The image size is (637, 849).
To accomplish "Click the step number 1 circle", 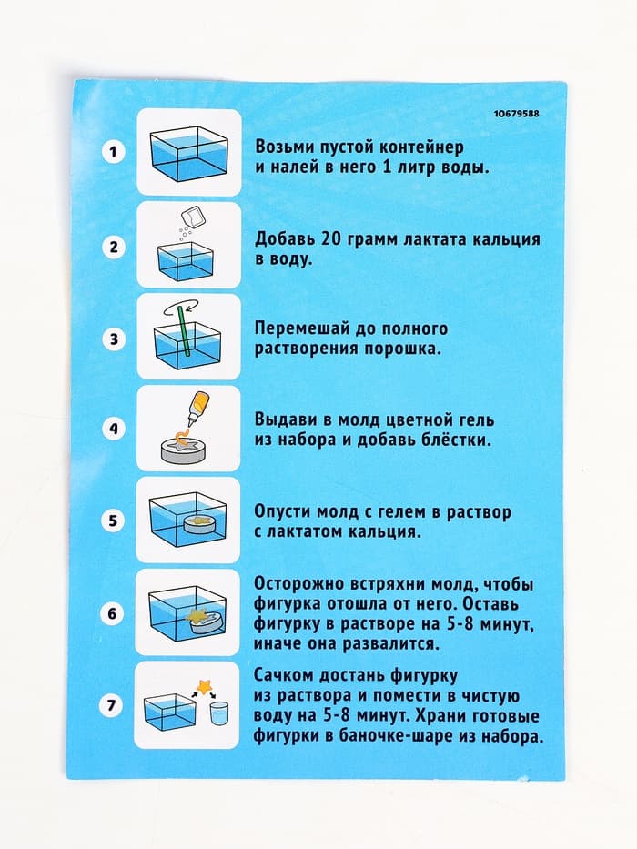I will coord(113,153).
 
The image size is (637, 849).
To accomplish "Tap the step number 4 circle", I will coord(113,429).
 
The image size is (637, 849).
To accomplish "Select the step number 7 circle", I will coord(113,704).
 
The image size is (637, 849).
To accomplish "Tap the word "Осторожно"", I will coord(302,583).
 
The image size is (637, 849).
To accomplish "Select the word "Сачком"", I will coord(286,675).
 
